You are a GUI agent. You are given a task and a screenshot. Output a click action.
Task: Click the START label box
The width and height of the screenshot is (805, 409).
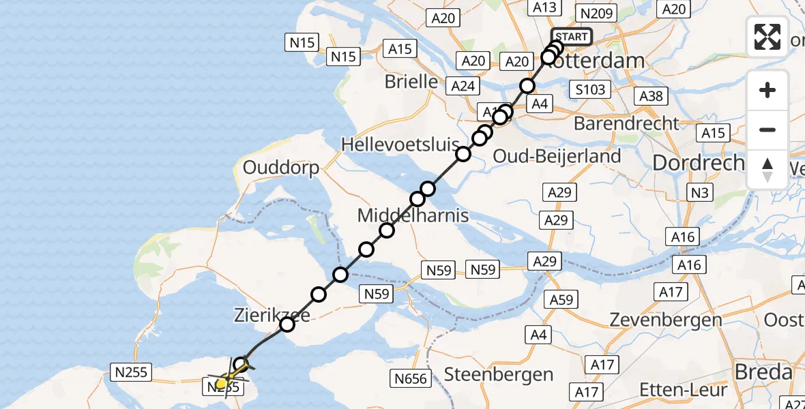pyautogui.click(x=572, y=37)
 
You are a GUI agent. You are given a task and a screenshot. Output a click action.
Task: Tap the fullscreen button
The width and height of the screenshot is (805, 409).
pyautogui.click(x=767, y=37)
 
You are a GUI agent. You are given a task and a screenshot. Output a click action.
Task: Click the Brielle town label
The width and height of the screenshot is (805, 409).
pyautogui.click(x=411, y=82)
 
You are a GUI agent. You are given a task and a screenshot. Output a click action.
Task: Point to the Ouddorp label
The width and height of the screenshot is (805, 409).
pyautogui.click(x=280, y=168)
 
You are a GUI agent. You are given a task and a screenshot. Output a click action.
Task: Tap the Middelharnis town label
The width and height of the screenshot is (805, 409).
pyautogui.click(x=413, y=216)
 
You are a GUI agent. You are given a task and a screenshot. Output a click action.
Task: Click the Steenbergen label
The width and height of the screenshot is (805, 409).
pyautogui.click(x=499, y=374)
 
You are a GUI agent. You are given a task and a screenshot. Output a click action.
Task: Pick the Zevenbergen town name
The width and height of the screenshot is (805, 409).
pyautogui.click(x=666, y=320)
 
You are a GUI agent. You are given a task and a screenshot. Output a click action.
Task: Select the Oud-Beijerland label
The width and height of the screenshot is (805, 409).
pyautogui.click(x=557, y=156)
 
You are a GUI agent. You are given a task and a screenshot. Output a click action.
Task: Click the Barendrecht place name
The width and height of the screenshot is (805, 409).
pyautogui.click(x=627, y=123)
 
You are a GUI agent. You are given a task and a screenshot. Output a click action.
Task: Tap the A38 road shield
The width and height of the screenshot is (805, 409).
pyautogui.click(x=651, y=96)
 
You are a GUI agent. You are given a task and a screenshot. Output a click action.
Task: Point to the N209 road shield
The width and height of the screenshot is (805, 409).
pyautogui.click(x=596, y=13)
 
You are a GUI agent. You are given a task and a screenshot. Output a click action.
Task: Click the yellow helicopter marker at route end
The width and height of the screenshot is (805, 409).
pyautogui.click(x=221, y=383)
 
